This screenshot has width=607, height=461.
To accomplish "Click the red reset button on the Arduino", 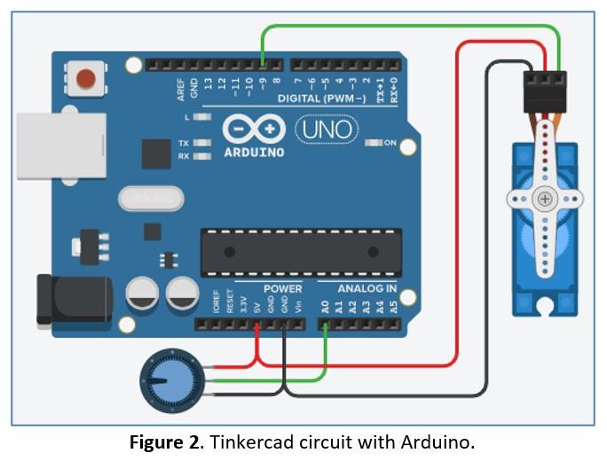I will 86,78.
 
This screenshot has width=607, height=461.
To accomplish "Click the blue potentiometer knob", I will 167,379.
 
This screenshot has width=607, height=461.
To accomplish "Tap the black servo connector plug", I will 543,91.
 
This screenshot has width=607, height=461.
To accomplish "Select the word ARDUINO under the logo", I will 254,152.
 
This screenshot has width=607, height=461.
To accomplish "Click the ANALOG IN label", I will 367,288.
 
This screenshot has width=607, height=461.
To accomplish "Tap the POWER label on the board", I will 282,288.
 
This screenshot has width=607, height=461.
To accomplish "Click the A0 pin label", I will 326,307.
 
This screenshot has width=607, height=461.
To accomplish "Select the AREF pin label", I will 182,89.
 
